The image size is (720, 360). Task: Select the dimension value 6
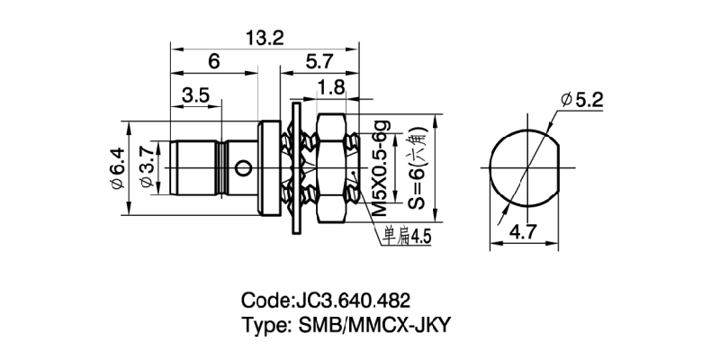(x=213, y=61)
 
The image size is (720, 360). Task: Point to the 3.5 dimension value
(x=196, y=94)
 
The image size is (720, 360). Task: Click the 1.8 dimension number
(x=331, y=88)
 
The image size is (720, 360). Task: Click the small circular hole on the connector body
(x=240, y=166)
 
